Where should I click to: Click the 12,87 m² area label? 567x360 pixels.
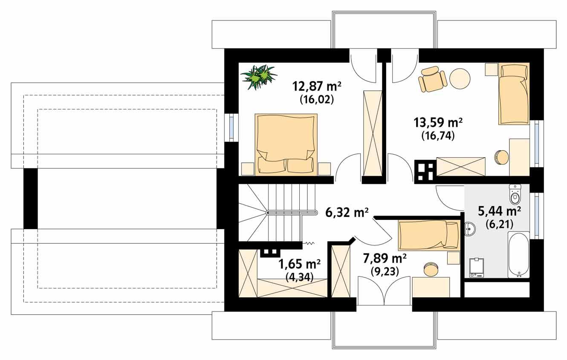point(316,86)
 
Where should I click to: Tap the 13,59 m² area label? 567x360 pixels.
point(438,123)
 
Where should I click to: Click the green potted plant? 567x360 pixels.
point(258,77)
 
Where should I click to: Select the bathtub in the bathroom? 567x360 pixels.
point(518,254)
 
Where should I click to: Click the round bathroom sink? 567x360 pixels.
point(470,229)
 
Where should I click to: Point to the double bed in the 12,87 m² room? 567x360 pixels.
point(286,144)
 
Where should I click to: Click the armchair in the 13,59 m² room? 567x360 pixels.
point(432,80)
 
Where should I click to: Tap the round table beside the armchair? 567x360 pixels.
point(460,79)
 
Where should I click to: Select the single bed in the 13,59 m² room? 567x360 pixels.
point(514,94)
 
